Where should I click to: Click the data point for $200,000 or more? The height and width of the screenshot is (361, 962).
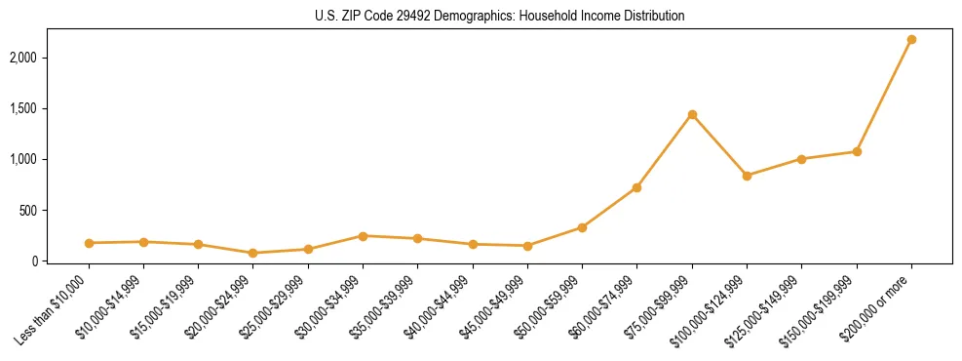[x=911, y=39]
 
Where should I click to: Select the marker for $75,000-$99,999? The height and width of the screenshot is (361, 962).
[x=692, y=114]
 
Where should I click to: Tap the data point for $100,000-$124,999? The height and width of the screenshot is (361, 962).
[x=747, y=176]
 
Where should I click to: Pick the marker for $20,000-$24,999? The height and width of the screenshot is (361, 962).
[x=253, y=253]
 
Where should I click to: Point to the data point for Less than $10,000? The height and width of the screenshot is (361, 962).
[x=89, y=243]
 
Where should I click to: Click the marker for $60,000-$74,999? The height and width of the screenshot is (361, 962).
[x=636, y=187]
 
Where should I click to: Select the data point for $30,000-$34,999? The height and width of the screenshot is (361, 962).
[x=363, y=236]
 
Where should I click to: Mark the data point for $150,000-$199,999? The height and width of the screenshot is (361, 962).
[x=857, y=151]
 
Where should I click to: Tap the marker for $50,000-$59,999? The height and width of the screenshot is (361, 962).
[x=582, y=227]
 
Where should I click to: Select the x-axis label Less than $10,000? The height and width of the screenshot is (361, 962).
[x=54, y=308]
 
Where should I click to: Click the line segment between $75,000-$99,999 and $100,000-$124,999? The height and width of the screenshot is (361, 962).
[x=719, y=145]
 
